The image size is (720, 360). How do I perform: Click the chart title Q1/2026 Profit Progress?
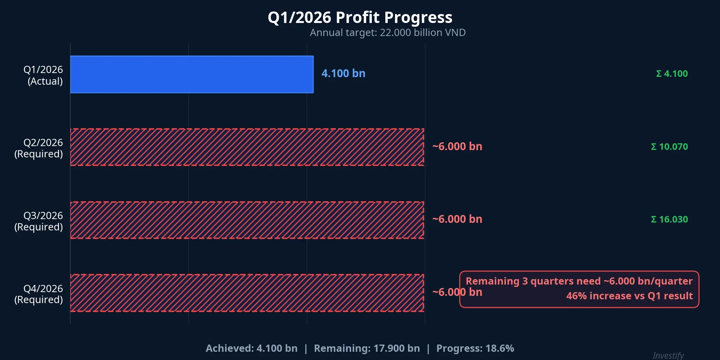[x=360, y=17]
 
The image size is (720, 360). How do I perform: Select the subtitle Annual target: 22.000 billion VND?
[x=387, y=33]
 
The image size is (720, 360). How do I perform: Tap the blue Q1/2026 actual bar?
[x=192, y=74]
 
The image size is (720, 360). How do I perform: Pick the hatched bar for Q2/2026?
[x=247, y=147]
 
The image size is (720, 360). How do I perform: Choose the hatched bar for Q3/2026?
[x=247, y=220]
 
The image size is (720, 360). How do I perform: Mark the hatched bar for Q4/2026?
[x=247, y=293]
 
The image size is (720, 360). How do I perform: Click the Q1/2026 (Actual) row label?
[x=43, y=75]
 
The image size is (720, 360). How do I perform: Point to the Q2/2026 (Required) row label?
[x=39, y=148]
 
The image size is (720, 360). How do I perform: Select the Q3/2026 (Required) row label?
[x=39, y=221]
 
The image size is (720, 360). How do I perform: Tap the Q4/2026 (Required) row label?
[x=39, y=294]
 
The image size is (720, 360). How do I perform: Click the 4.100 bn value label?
[x=343, y=73]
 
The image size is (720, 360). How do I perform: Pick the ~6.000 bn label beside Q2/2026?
[x=457, y=146]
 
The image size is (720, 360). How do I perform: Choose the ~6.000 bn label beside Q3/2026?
[x=457, y=219]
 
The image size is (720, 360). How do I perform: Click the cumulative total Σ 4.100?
[x=672, y=74]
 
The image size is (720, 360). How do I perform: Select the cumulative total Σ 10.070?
[x=669, y=147]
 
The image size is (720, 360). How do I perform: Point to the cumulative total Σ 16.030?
[x=669, y=219]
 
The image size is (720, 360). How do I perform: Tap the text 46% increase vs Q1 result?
[x=629, y=296]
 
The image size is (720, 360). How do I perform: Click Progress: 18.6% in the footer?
[x=475, y=348]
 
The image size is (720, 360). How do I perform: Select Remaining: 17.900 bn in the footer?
[x=367, y=348]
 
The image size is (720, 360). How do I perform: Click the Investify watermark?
[x=668, y=356]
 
